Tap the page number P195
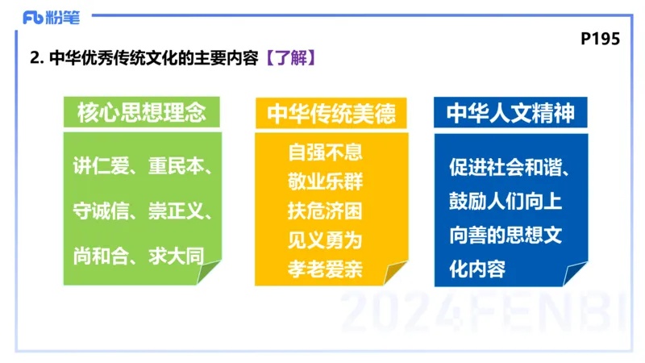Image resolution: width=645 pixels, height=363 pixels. [x=600, y=39]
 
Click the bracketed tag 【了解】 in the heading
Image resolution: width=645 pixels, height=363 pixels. [x=285, y=59]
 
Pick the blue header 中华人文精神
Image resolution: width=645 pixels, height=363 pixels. [x=510, y=113]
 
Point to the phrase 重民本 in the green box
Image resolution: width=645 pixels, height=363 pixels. [x=178, y=169]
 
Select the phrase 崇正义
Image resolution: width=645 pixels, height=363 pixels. [x=178, y=212]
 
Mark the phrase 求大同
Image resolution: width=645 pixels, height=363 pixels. [x=175, y=256]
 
